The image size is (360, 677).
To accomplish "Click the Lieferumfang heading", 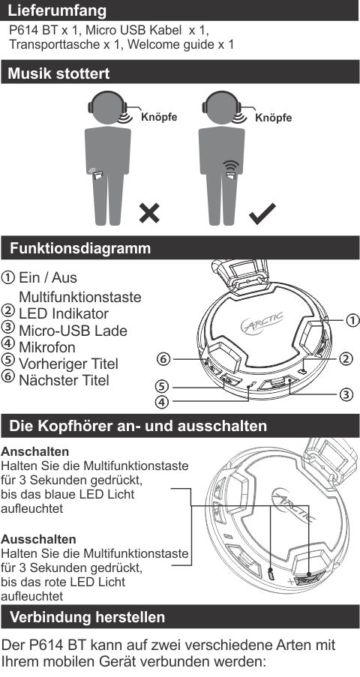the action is click(x=57, y=10).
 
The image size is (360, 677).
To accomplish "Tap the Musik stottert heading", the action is click(x=58, y=73).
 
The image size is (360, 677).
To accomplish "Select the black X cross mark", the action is click(x=149, y=213).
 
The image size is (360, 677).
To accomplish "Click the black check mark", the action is click(x=262, y=214).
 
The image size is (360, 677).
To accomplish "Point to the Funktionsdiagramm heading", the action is click(x=80, y=248).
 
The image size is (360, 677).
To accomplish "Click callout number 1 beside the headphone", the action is click(x=352, y=320).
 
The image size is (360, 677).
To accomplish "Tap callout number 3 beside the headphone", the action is click(x=346, y=394).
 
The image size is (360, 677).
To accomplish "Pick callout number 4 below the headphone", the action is click(x=161, y=402).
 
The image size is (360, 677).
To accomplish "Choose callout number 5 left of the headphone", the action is click(x=161, y=385).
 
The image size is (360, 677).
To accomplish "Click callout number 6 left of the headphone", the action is click(x=163, y=358).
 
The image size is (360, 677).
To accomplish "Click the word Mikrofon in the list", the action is click(x=47, y=347).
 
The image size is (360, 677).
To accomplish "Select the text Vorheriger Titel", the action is click(x=68, y=364).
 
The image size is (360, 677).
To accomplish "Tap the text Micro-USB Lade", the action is click(x=73, y=331).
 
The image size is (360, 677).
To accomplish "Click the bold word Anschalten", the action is click(x=35, y=451).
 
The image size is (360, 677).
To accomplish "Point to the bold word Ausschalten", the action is click(x=38, y=539).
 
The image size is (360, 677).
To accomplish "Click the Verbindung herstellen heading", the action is click(x=87, y=617).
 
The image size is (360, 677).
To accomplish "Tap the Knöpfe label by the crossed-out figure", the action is click(x=159, y=117).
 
